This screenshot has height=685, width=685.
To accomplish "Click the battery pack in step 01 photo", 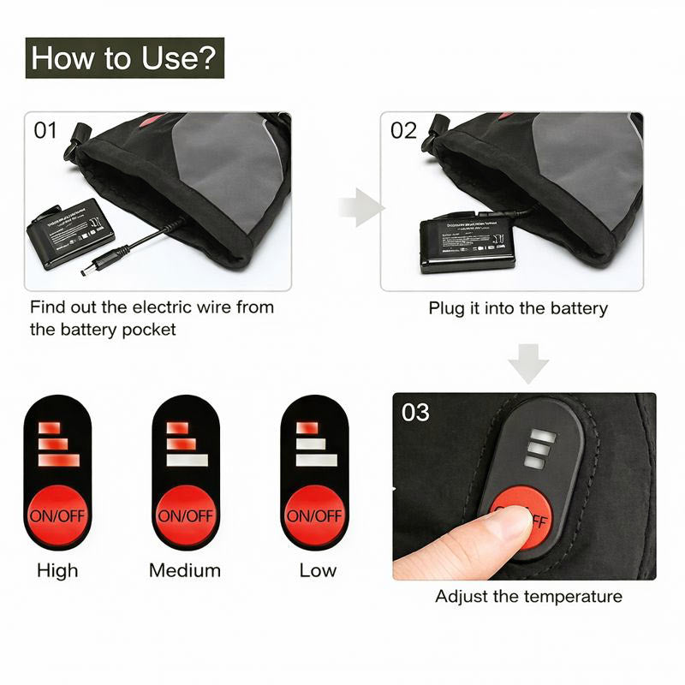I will coord(73,232).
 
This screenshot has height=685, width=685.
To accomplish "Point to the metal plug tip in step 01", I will coord(88,271).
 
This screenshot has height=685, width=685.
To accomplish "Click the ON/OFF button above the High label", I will coord(57,515).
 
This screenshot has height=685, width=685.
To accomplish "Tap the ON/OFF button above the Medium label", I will coord(185,515).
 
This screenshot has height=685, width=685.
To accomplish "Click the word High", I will coord(57,570).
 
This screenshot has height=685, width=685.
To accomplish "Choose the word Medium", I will coord(185,570).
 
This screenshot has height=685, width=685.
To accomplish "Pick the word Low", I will coord(318,570).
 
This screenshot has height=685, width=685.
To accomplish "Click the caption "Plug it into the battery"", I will coord(518,308).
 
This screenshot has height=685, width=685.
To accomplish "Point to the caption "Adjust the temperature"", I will coord(528,596).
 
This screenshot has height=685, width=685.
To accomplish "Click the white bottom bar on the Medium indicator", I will coord(188,461).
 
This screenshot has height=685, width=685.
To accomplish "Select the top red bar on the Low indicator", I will coord(306,427).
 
